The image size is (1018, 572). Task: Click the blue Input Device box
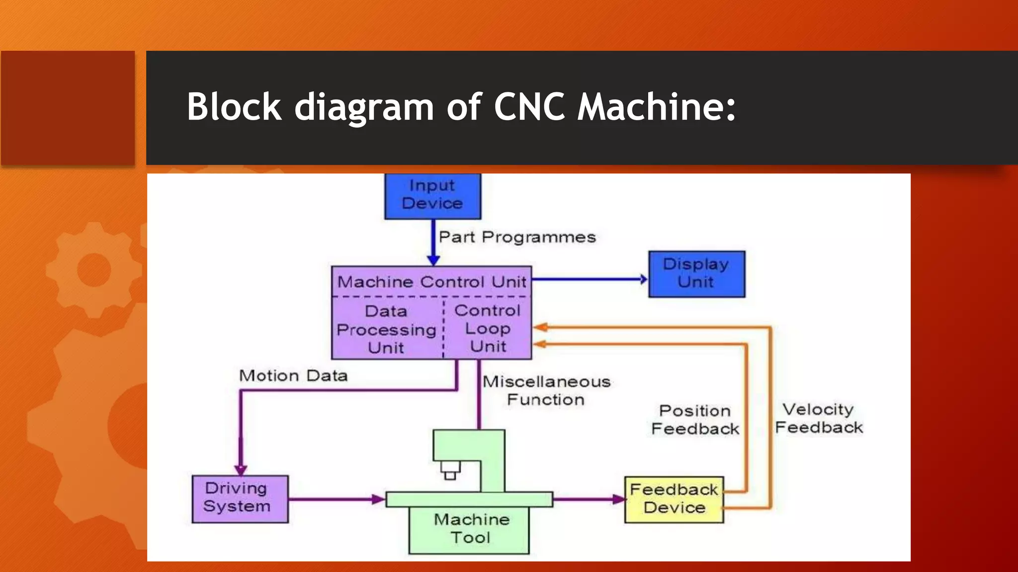(432, 196)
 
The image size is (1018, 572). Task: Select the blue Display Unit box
(696, 274)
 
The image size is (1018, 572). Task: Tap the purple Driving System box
(240, 499)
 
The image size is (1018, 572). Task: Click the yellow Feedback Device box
(674, 500)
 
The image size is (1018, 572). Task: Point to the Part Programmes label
(517, 237)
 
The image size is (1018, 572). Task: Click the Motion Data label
(293, 376)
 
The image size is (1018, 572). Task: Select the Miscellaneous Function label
(546, 391)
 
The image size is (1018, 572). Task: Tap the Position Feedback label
(695, 420)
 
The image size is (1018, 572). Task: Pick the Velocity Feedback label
(819, 419)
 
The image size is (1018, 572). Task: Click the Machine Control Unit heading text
(431, 282)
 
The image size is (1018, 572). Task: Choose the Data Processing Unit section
(387, 329)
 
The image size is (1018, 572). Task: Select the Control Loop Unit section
(488, 328)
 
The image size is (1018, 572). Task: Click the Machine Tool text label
(471, 529)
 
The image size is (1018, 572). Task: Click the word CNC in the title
(529, 107)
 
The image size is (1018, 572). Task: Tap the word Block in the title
(234, 107)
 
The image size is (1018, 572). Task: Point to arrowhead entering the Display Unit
(644, 279)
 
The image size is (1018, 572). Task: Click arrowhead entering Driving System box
(241, 470)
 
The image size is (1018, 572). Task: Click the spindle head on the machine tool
(450, 469)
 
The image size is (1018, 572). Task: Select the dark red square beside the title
(68, 108)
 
